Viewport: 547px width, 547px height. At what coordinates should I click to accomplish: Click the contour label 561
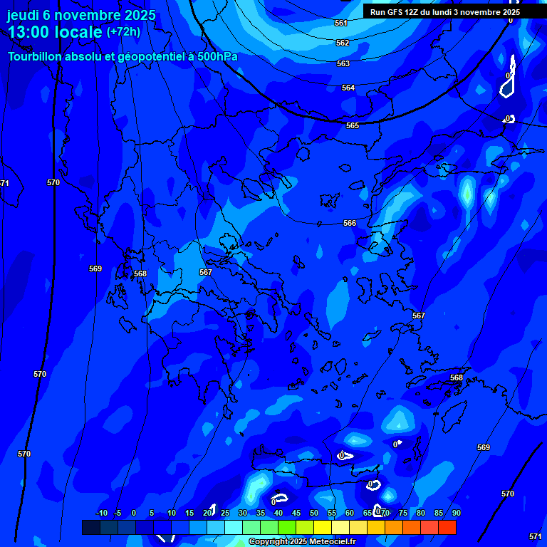point(341,24)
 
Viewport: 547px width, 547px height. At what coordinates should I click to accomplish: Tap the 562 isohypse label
point(343,43)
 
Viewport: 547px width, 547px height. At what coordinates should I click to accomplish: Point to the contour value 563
point(343,64)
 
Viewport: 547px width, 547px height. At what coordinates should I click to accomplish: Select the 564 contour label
point(348,88)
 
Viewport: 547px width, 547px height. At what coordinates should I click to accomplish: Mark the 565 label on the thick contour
point(353,126)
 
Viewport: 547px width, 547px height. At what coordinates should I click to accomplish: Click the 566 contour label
point(350,224)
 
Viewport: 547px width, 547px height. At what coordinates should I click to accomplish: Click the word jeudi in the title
point(24,16)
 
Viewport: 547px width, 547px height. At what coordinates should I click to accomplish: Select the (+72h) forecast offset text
point(123,32)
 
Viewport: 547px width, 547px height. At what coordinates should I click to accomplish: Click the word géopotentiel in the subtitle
point(150,56)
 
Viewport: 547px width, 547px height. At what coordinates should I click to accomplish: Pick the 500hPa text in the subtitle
point(217,56)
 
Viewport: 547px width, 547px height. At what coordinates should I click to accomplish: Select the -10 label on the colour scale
point(101,514)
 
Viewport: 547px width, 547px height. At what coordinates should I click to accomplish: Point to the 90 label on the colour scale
point(456,514)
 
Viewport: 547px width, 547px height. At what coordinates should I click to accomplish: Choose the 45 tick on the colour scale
point(296,514)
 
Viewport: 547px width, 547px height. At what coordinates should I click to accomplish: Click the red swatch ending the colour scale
point(447,527)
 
